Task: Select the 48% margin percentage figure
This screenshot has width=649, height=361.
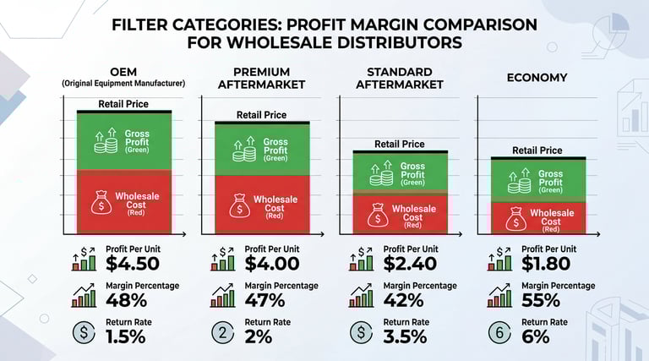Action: point(126,299)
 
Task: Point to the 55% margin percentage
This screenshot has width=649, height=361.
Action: point(540,299)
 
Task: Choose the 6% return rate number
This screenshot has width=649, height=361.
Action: point(536,336)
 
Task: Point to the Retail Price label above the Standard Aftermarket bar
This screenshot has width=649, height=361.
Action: point(399,144)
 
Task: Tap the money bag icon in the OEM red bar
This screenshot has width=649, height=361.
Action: point(101,204)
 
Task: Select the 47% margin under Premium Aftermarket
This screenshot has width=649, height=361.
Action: point(264,299)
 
